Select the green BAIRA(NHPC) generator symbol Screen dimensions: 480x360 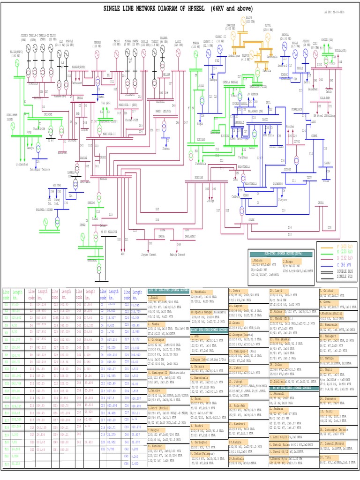[x=15, y=63]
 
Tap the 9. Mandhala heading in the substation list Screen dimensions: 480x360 [x=201, y=292]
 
